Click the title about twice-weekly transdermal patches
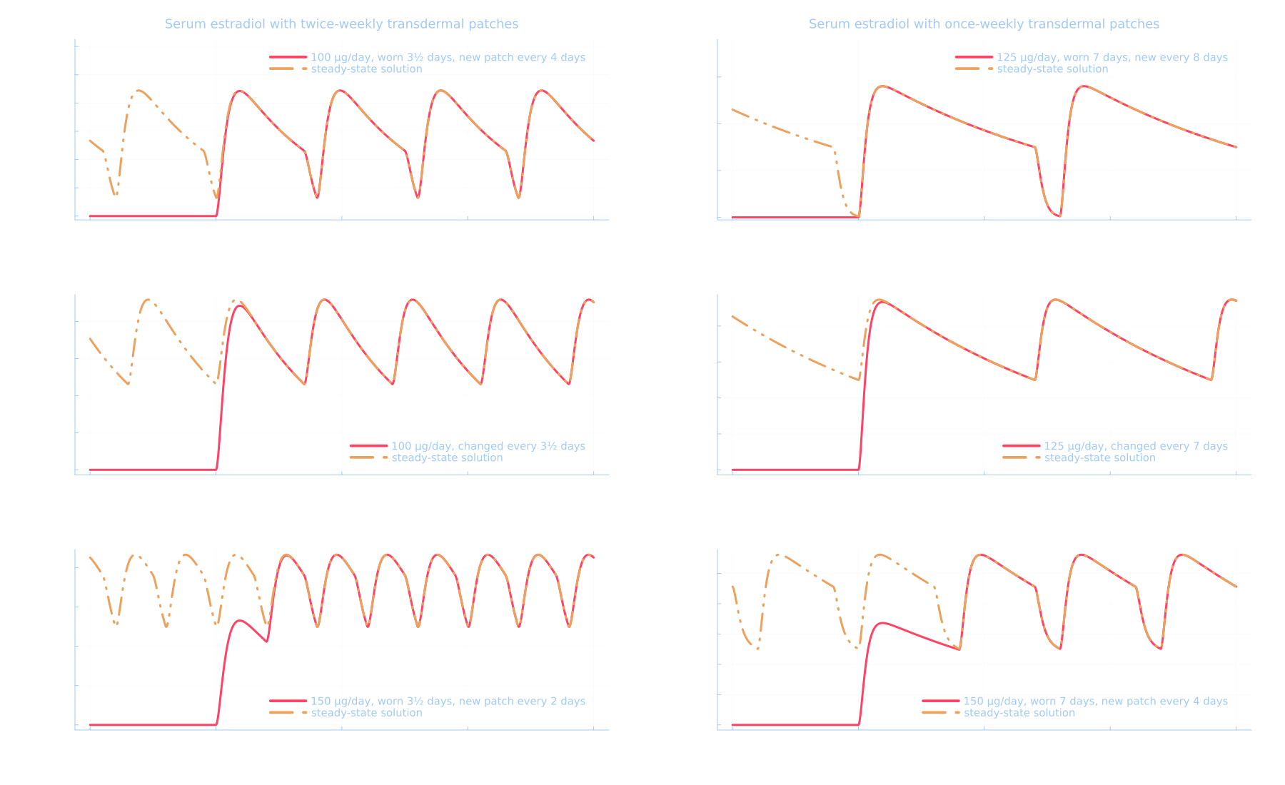point(341,24)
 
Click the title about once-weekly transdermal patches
point(984,24)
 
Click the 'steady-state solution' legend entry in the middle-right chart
point(1099,458)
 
